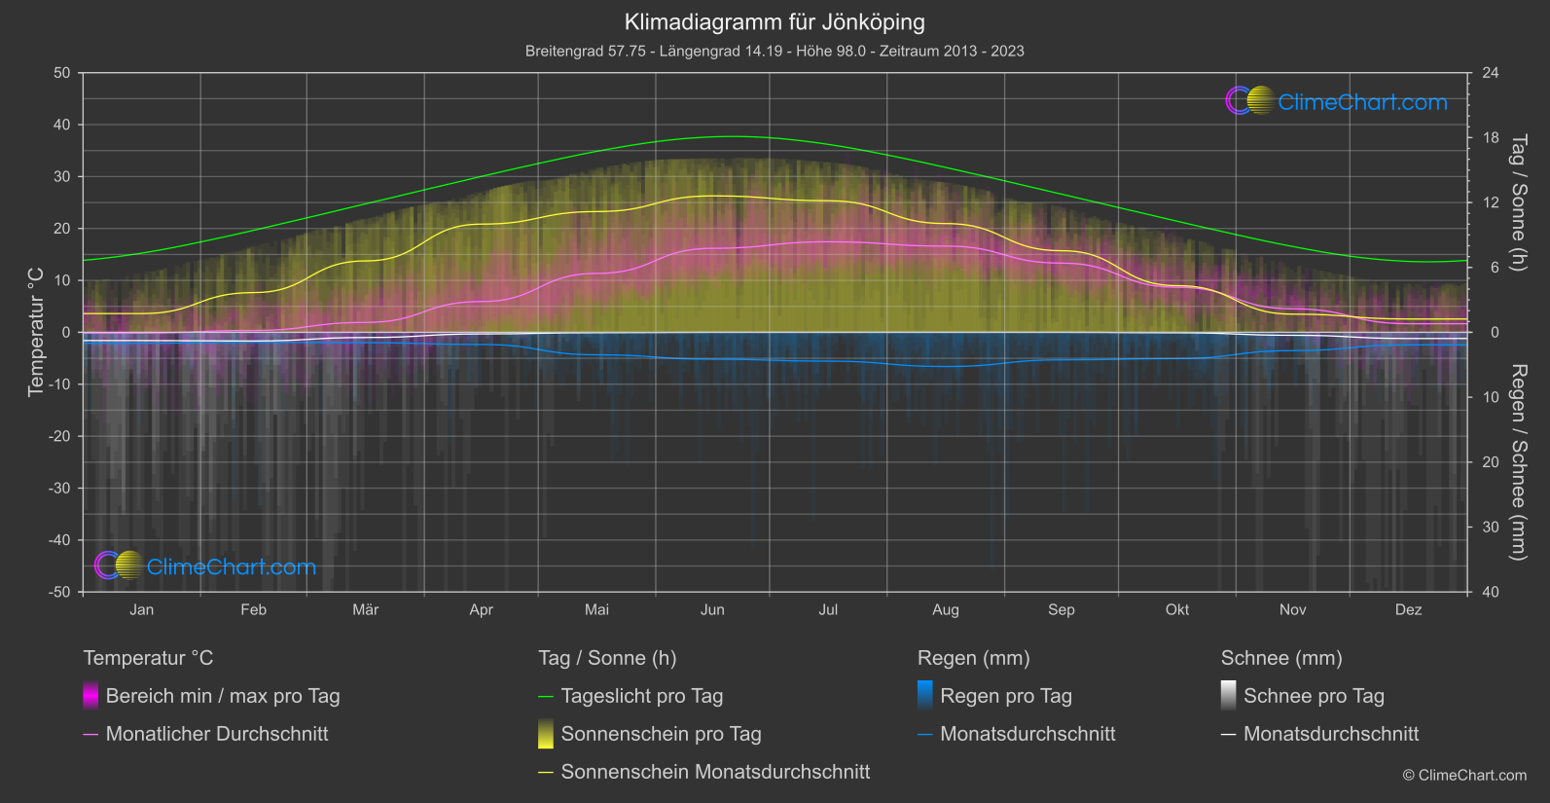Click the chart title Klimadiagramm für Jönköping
pos(775,21)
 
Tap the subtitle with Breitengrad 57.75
pos(775,51)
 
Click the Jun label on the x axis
pos(712,609)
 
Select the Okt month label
pos(1177,609)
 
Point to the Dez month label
pos(1408,609)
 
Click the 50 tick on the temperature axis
pos(62,73)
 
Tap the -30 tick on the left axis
pos(59,488)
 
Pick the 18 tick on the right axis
pos(1491,138)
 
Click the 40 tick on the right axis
pos(1491,592)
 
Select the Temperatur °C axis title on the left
pos(36,332)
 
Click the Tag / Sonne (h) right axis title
pos(1518,202)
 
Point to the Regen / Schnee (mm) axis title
pos(1518,462)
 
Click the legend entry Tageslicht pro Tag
pos(642,696)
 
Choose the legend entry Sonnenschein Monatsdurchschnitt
pos(715,772)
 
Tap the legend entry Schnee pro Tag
pos(1314,696)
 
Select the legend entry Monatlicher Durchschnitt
pos(217,734)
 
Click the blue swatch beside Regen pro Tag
pos(925,695)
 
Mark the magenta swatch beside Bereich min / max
pos(90,695)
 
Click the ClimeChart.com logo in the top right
pos(1337,101)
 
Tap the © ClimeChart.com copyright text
pos(1464,775)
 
